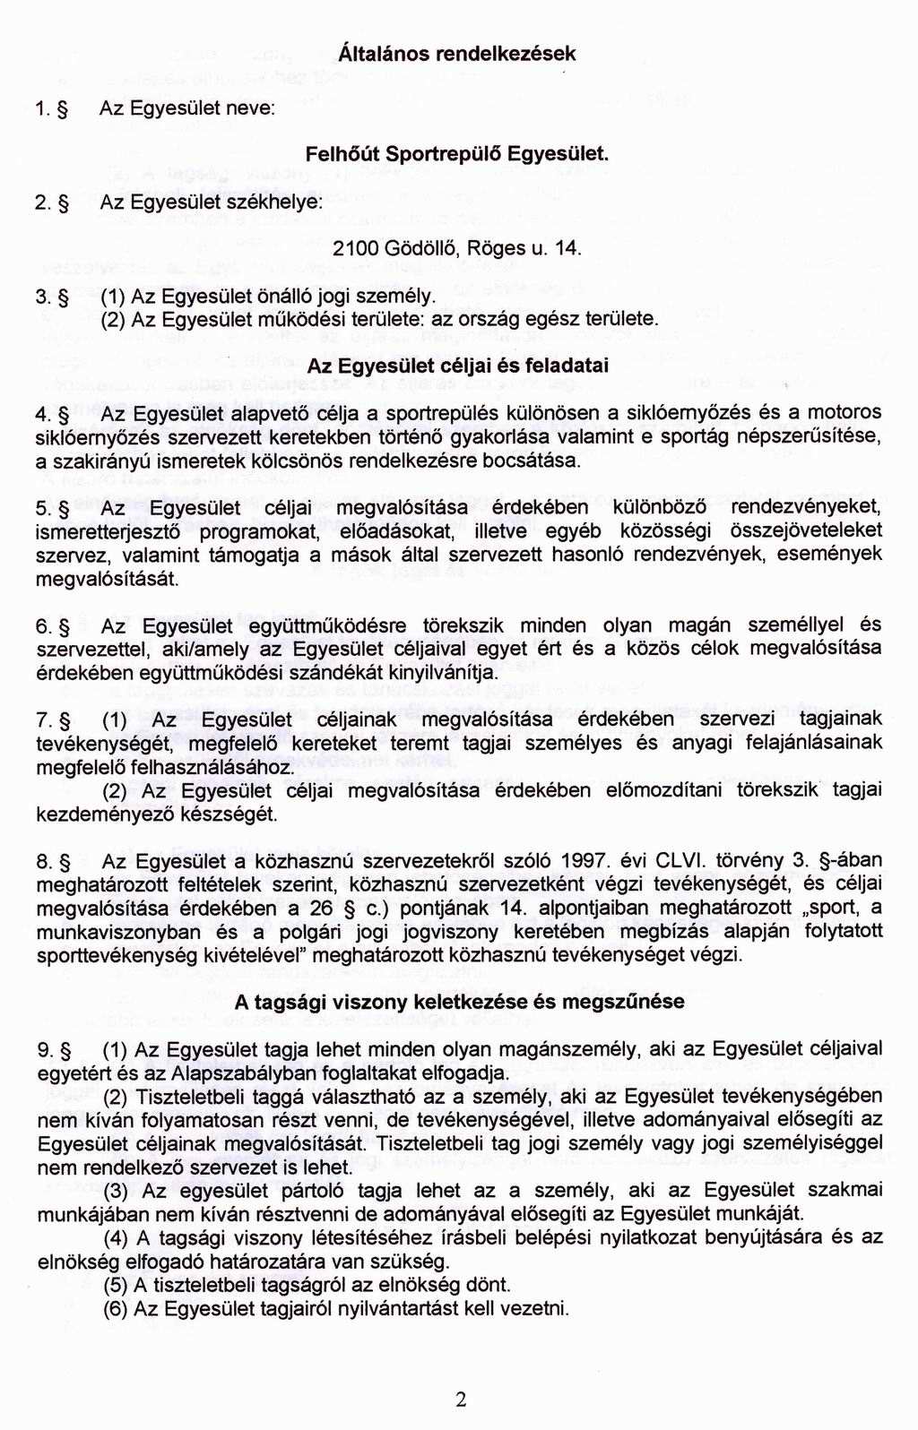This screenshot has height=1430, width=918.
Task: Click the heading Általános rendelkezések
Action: tap(458, 53)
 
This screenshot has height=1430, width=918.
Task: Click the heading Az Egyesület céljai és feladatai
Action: tap(458, 366)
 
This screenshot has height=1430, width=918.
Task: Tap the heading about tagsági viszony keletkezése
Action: tap(458, 1002)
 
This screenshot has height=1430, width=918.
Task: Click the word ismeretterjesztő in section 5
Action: tap(112, 531)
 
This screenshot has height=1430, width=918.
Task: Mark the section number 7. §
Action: tap(53, 719)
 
